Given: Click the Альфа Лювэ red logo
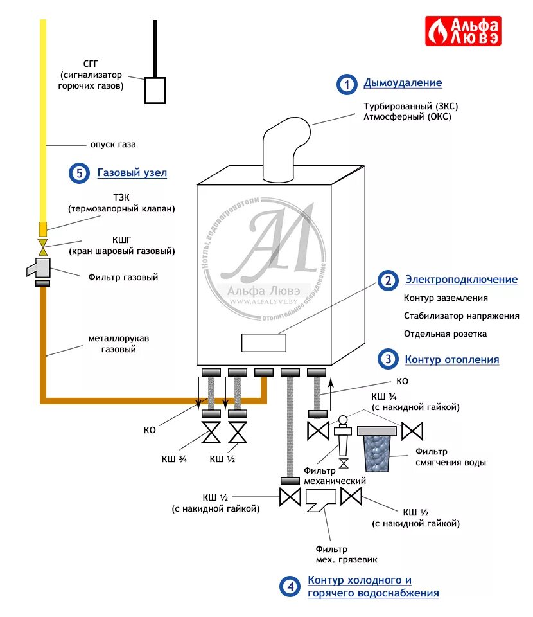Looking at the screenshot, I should (x=463, y=31).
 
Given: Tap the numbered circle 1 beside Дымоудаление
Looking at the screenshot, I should (x=346, y=84).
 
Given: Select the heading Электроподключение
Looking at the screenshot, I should (x=460, y=280).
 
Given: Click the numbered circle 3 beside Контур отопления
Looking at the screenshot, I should (x=387, y=360).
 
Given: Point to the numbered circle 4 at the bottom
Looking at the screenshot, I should (x=290, y=586).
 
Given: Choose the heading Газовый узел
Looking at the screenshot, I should (x=132, y=173).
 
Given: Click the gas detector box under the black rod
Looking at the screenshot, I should (x=155, y=90).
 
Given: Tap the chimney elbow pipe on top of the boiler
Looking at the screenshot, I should (x=284, y=148).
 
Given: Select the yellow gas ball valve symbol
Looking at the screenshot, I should (x=43, y=246).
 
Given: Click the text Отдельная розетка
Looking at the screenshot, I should (x=445, y=334).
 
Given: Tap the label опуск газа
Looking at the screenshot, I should (x=113, y=145).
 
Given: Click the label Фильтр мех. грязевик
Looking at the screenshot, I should (x=332, y=554).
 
